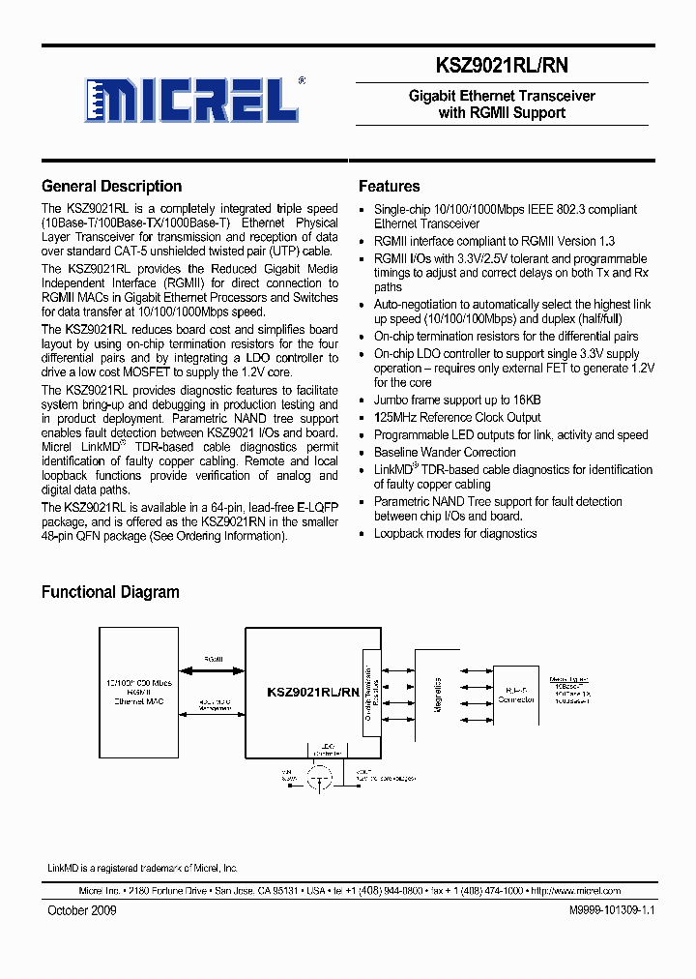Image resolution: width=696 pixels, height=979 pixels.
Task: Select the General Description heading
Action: pos(111,187)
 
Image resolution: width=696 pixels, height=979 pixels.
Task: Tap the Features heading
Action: pos(389,187)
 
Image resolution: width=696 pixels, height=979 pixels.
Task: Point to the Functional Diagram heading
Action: pos(110,592)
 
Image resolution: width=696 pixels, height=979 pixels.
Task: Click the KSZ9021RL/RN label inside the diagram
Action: pos(312,691)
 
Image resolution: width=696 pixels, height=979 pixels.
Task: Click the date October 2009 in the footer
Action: pos(82,911)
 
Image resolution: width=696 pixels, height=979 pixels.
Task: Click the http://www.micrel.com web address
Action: pos(576,891)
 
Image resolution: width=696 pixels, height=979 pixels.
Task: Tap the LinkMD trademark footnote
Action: pos(142,868)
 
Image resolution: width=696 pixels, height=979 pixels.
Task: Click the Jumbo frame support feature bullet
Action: pos(457,400)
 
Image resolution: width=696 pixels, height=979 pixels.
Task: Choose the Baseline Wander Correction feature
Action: pos(445,452)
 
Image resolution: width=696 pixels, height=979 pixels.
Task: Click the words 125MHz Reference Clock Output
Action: pos(457,417)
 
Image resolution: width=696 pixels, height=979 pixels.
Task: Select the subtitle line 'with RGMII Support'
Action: pos(502,112)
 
